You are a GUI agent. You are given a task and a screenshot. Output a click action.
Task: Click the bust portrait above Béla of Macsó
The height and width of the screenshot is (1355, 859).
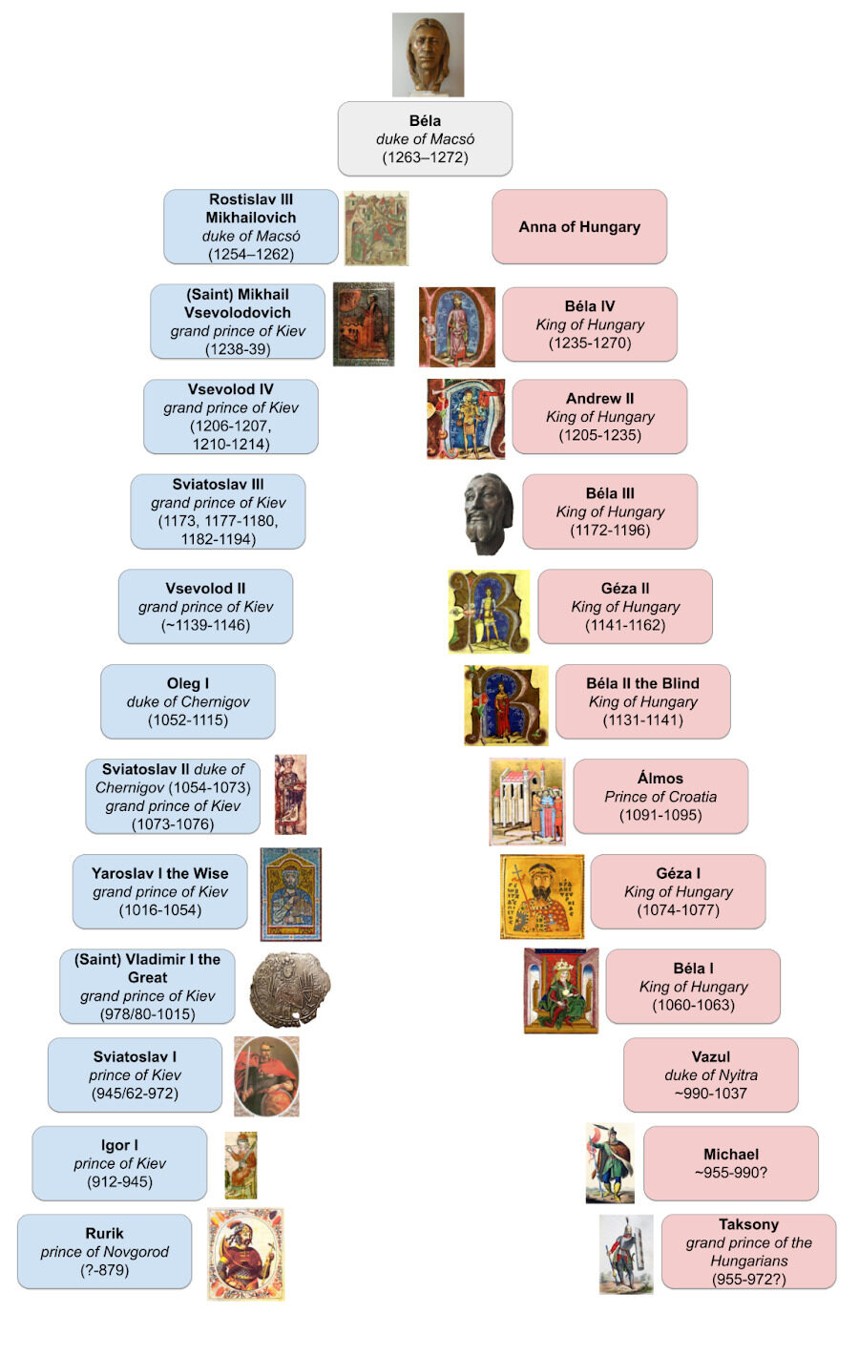(x=428, y=54)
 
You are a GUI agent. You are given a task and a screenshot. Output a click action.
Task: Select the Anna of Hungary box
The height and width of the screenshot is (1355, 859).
(x=579, y=227)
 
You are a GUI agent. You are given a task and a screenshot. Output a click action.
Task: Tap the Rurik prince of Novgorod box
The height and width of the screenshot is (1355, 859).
(x=104, y=1251)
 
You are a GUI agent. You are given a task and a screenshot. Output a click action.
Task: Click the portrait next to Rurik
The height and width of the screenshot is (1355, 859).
(x=246, y=1254)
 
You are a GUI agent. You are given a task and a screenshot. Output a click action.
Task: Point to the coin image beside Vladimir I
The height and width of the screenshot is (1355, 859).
(x=290, y=988)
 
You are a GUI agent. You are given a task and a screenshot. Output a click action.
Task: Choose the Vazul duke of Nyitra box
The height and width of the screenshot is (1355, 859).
(x=710, y=1074)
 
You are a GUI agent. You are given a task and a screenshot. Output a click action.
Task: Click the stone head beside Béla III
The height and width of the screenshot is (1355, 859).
(x=489, y=512)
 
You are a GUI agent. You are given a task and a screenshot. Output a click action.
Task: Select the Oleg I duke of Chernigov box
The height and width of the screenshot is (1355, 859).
(x=188, y=701)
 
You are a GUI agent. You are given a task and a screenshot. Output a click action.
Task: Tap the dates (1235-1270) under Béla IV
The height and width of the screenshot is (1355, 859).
(x=590, y=343)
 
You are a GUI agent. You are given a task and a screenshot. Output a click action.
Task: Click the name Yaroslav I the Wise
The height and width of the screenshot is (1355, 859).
(x=160, y=873)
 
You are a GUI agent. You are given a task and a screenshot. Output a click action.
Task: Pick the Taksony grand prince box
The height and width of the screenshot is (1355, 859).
(x=748, y=1251)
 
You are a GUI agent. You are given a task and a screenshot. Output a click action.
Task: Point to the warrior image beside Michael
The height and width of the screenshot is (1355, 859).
(x=610, y=1163)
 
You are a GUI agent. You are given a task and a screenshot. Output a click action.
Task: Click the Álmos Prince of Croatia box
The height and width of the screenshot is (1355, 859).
(x=660, y=796)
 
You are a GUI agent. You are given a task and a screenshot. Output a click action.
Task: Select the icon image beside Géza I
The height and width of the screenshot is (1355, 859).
(x=542, y=897)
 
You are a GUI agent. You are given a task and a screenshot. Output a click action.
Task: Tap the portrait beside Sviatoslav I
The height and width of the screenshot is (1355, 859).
(x=266, y=1075)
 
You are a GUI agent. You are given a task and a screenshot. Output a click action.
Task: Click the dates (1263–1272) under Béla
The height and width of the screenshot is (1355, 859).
(x=425, y=157)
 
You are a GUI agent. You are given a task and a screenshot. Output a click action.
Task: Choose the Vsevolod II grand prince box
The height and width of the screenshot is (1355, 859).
(x=205, y=607)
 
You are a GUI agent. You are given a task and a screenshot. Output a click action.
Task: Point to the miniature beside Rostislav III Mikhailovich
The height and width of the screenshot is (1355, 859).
(x=376, y=228)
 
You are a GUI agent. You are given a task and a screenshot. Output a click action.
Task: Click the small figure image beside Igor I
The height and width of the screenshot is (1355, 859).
(x=241, y=1165)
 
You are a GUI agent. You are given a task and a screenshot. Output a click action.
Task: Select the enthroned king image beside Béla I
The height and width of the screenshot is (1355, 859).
(x=561, y=990)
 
